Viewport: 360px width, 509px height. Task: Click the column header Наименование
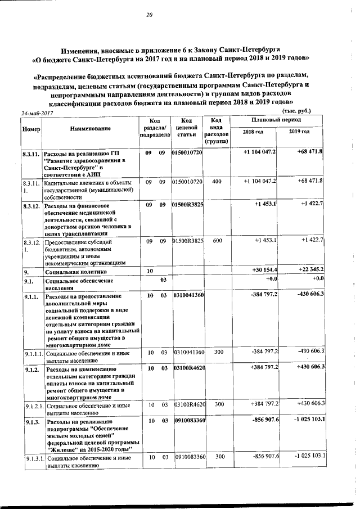point(91,129)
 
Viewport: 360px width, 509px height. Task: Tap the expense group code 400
point(217,183)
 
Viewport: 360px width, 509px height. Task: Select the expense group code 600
point(217,241)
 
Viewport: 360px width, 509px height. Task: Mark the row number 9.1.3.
point(31,420)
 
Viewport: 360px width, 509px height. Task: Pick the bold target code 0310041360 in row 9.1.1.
point(188,295)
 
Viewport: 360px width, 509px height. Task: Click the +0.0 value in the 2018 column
point(271,279)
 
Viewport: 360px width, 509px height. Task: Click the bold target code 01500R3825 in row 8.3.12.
point(188,206)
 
